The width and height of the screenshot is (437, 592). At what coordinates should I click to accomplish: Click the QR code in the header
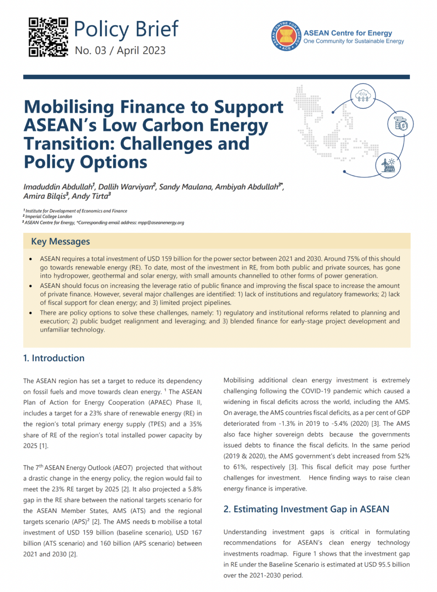point(48,37)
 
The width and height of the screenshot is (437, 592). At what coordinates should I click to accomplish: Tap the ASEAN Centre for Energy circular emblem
point(286,36)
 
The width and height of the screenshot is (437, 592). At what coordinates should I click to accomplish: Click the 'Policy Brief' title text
point(126,29)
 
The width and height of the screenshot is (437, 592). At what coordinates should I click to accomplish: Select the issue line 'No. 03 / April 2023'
point(120,50)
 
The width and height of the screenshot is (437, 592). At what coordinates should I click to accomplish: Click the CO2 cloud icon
point(362,96)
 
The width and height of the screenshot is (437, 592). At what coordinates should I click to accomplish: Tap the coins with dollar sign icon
point(400,124)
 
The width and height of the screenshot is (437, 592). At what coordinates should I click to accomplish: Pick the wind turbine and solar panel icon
point(388,165)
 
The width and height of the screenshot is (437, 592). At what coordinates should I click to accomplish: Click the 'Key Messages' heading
point(60,242)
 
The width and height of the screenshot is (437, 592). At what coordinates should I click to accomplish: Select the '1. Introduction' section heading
point(54,358)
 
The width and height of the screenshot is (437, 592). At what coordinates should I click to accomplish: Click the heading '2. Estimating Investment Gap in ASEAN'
point(306,509)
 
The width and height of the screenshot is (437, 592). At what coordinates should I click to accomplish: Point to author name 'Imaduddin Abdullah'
point(58,187)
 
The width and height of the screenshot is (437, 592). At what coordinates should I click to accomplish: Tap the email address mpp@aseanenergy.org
point(161,222)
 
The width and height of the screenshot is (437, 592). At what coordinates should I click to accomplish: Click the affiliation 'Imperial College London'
point(49,217)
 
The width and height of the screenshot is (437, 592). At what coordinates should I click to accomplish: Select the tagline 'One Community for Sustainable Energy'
point(353,41)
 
